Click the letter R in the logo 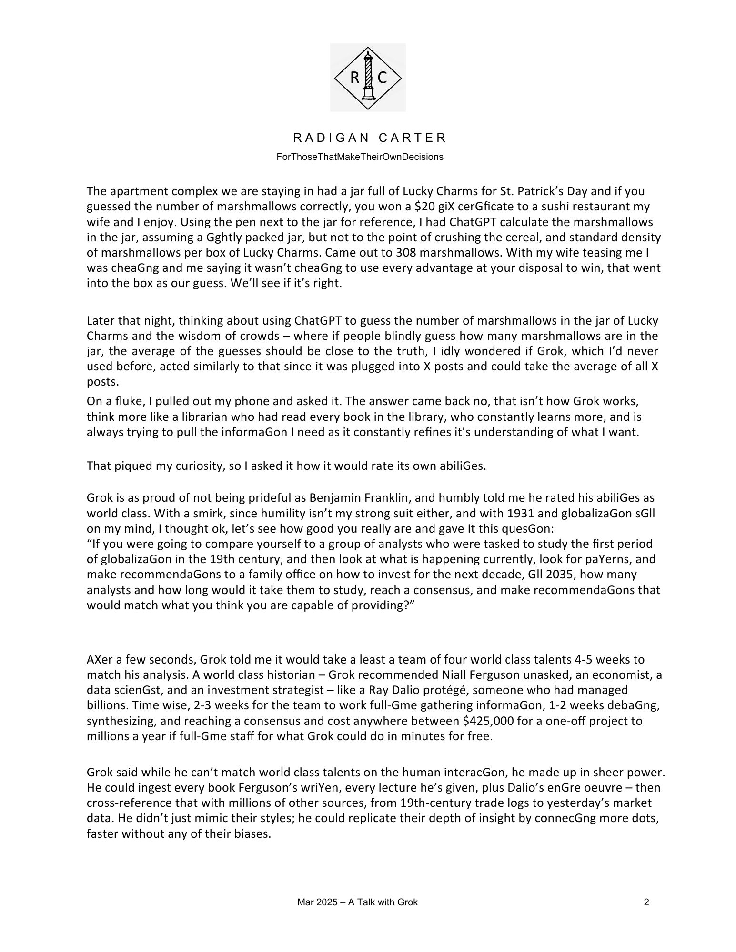point(355,78)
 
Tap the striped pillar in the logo point(368,74)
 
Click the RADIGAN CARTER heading point(370,138)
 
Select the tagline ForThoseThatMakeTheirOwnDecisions point(360,157)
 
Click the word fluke point(121,401)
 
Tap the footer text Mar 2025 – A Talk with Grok point(357,902)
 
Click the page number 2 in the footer point(646,902)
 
